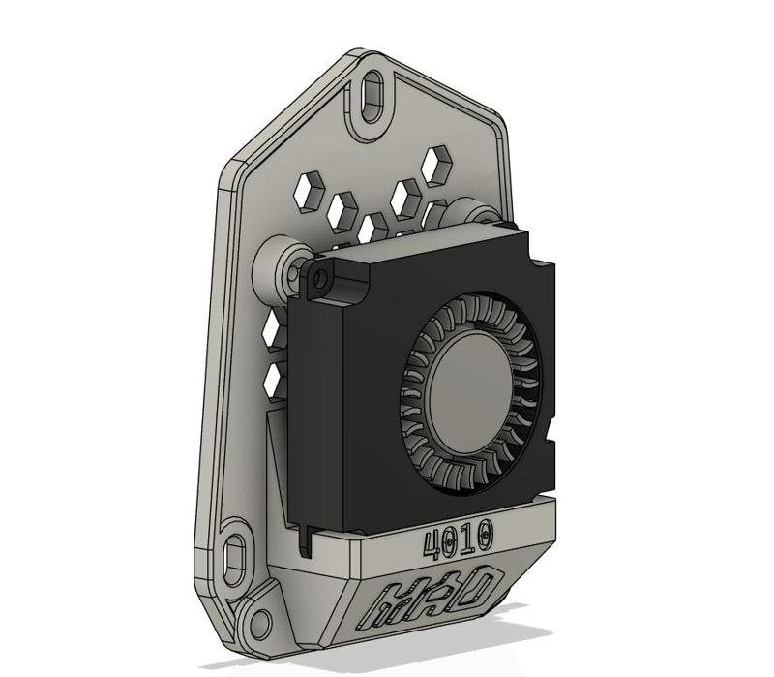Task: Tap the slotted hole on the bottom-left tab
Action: pos(235,558)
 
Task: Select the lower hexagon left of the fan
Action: pos(275,377)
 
